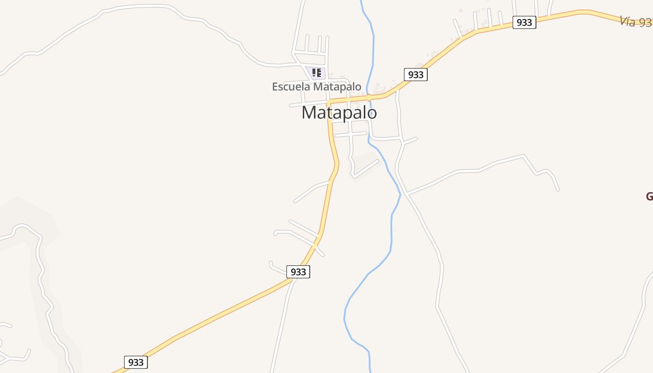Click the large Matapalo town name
pos(339,113)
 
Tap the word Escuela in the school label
pos(291,87)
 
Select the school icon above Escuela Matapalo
pos(317,73)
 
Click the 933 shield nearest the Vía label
pos(524,22)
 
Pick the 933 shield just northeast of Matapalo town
pos(415,74)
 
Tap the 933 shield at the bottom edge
pos(136,362)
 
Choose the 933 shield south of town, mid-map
pos(298,271)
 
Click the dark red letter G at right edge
pos(649,196)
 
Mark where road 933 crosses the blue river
pos(368,97)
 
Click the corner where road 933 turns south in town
pos(329,102)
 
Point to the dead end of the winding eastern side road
pos(558,190)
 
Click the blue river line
pos(391,233)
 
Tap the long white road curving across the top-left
pos(140,7)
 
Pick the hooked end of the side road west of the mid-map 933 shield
pos(271,263)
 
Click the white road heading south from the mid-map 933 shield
pos(282,322)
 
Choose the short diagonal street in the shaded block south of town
pos(366,168)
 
